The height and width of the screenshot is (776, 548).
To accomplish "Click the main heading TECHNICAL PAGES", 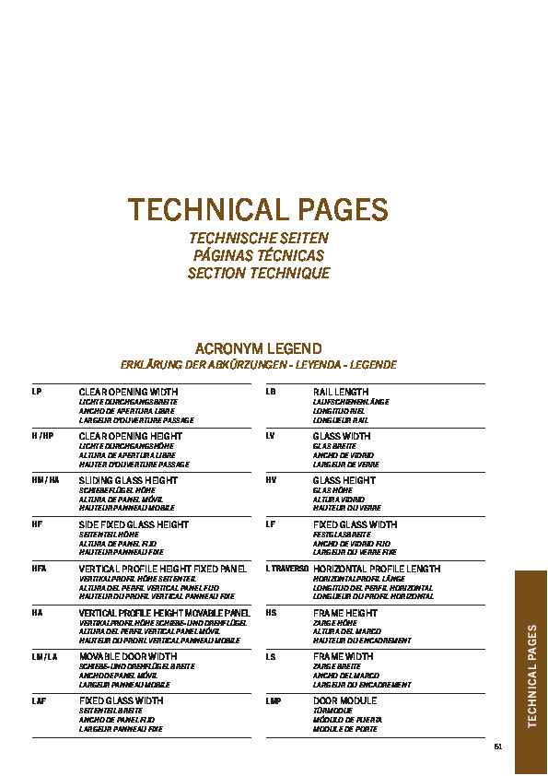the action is [258, 210].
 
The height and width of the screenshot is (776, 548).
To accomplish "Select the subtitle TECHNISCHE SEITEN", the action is [258, 238].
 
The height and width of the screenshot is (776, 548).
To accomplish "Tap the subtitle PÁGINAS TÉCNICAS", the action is [258, 255].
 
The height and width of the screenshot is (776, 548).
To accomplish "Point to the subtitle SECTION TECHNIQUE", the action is [258, 274].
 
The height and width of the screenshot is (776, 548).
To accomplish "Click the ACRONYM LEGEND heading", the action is [258, 348].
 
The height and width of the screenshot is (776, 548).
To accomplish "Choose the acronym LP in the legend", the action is [37, 392].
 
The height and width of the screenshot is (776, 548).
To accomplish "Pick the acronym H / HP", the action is [42, 436].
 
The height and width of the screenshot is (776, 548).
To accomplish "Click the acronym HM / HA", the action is [45, 480].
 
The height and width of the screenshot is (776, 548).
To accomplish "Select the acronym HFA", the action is [39, 569].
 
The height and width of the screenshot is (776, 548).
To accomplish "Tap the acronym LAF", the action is [39, 701].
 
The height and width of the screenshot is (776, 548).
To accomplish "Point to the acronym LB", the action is [271, 392].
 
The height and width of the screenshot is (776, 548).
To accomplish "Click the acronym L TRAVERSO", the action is [286, 569].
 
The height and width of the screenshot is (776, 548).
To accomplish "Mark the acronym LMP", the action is [273, 701].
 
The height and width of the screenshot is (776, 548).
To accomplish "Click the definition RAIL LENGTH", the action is [341, 392].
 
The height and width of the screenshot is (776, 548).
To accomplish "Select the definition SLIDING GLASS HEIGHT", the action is [128, 480].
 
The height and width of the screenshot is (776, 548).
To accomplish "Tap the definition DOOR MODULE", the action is [344, 701].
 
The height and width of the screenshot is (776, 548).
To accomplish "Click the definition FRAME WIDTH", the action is [343, 657].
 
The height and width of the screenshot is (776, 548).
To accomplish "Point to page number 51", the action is [498, 746].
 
